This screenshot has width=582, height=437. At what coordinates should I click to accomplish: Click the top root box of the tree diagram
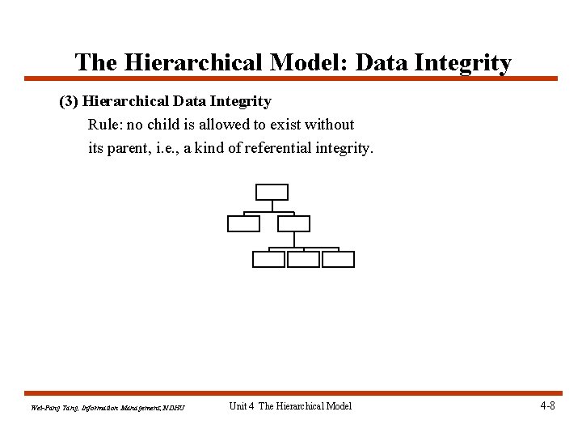click(272, 192)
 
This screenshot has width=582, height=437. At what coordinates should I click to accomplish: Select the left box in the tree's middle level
click(243, 223)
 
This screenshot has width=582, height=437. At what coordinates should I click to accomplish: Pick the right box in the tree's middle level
click(293, 223)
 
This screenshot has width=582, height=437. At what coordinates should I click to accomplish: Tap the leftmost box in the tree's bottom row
click(268, 259)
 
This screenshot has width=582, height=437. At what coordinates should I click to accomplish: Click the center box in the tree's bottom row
click(303, 259)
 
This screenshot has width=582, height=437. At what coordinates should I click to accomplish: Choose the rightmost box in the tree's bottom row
click(338, 259)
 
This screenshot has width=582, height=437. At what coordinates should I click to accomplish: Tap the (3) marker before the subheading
click(70, 102)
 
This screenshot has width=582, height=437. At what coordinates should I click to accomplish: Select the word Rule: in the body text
click(105, 125)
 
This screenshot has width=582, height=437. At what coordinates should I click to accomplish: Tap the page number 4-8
click(546, 405)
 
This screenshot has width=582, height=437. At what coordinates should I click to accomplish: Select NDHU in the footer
click(174, 407)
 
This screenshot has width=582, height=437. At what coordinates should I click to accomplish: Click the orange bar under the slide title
click(291, 78)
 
